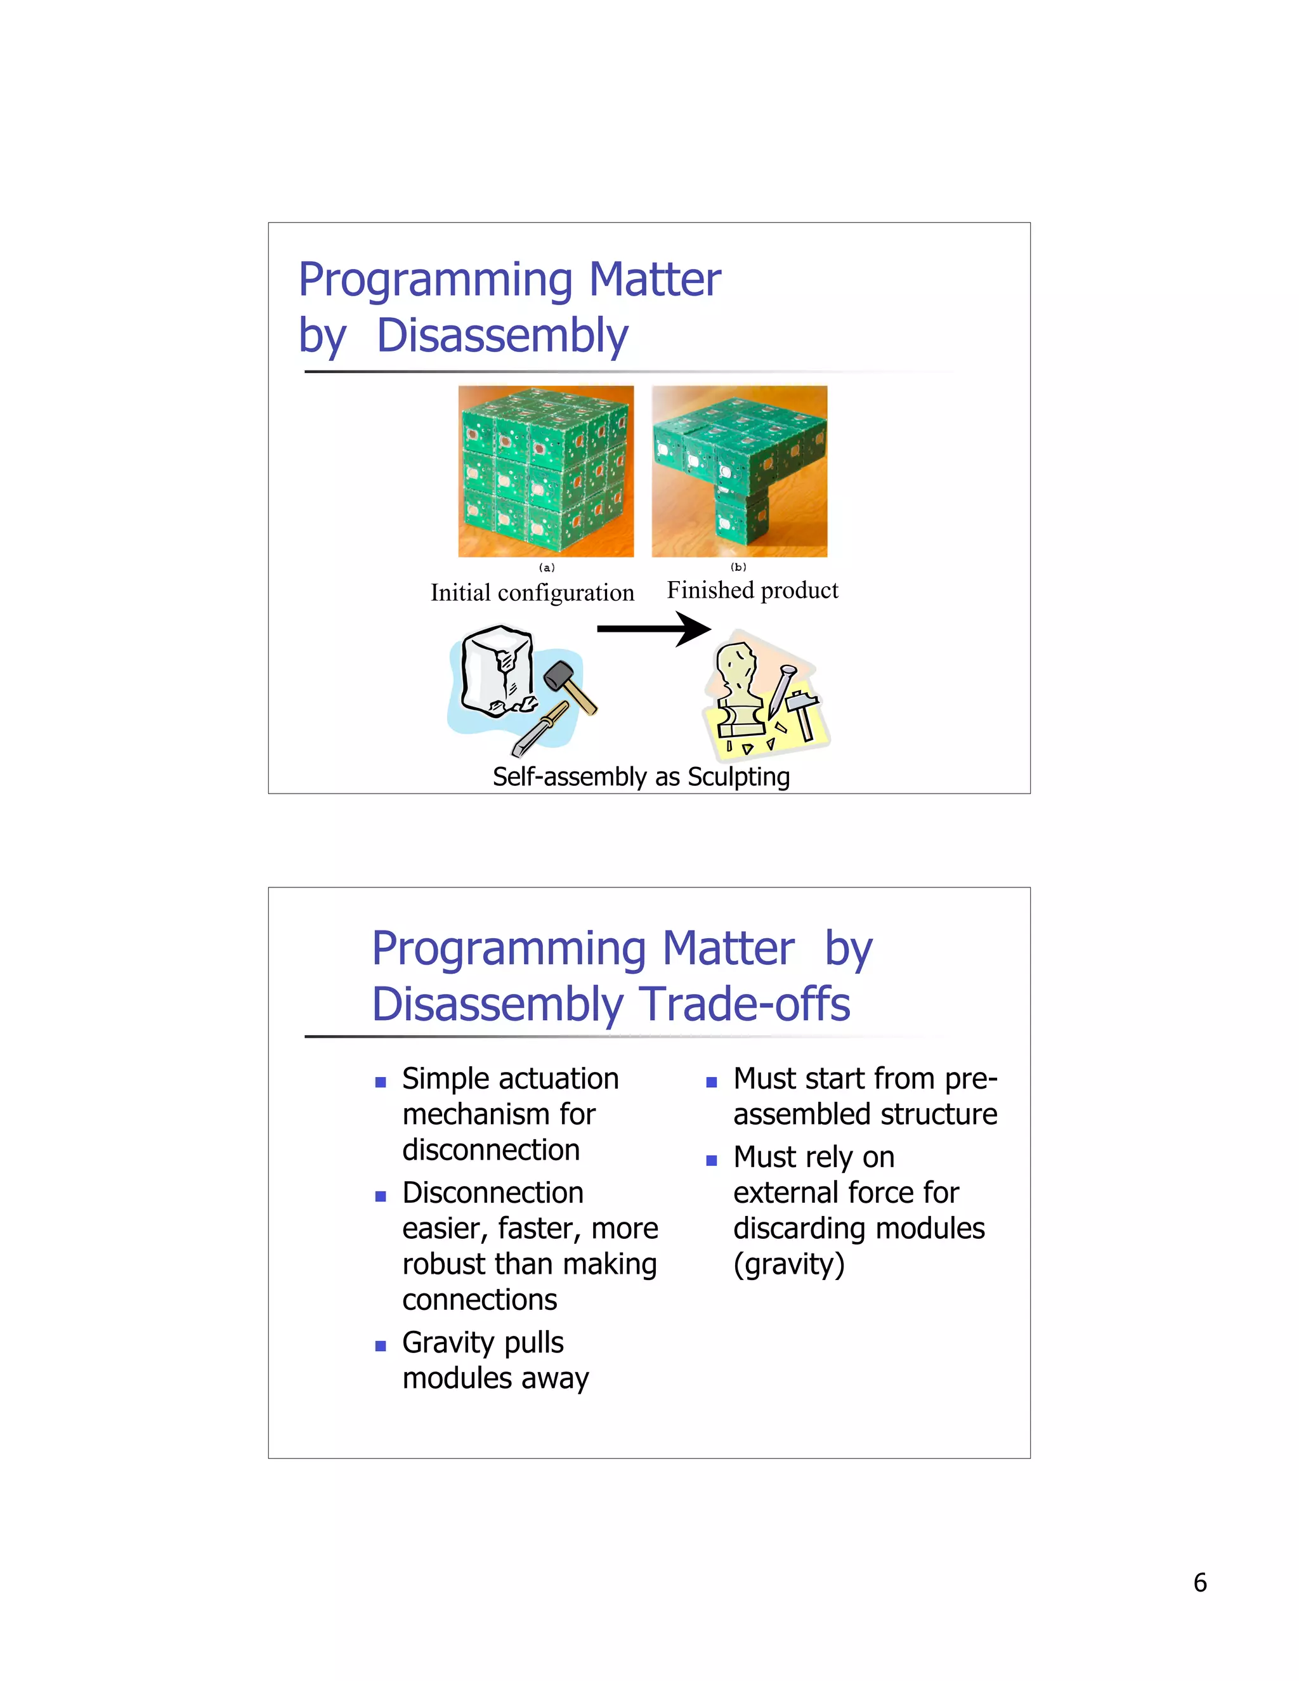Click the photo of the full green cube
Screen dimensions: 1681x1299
(545, 471)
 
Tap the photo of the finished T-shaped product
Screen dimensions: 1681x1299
(739, 471)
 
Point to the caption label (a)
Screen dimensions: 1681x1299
(546, 567)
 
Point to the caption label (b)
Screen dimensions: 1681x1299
(738, 566)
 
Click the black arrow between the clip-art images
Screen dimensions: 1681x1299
(653, 629)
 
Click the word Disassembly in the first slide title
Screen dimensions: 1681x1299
(502, 336)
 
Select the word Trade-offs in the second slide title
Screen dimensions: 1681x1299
(746, 1004)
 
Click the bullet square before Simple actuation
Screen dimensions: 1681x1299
(380, 1082)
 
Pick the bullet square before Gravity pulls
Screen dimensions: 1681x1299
(380, 1346)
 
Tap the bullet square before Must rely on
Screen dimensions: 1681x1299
(711, 1161)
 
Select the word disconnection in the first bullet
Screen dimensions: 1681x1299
(490, 1150)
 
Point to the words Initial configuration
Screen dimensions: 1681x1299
(532, 592)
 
